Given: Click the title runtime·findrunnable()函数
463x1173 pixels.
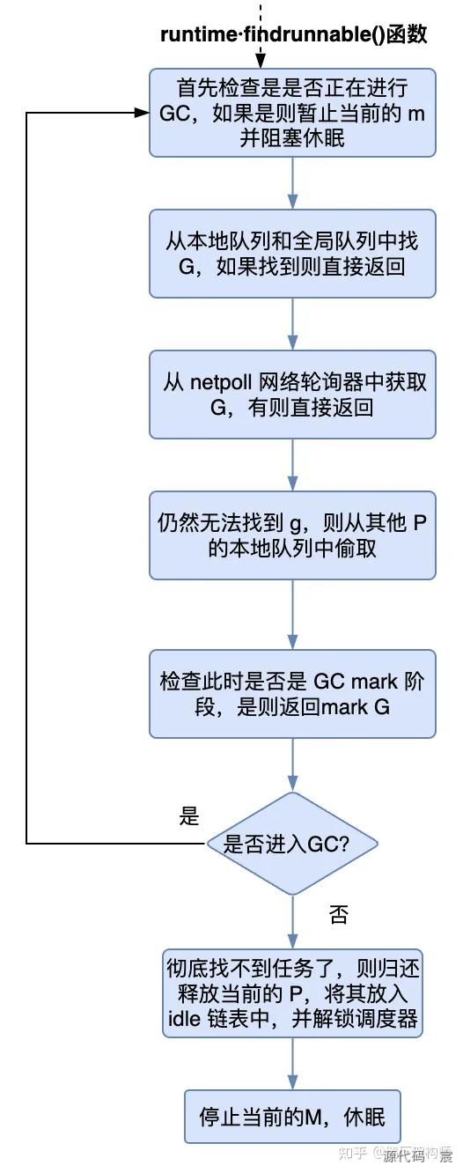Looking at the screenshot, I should pyautogui.click(x=293, y=35).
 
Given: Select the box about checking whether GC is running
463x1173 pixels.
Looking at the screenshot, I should pyautogui.click(x=292, y=114).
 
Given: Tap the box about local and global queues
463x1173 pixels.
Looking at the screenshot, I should pyautogui.click(x=292, y=254).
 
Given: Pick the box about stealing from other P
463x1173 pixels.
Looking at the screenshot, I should pyautogui.click(x=292, y=535).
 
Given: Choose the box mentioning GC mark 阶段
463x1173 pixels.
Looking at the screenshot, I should pyautogui.click(x=292, y=693).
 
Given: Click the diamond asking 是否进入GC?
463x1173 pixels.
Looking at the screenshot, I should pyautogui.click(x=292, y=843).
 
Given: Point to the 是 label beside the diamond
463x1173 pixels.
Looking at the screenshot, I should pyautogui.click(x=189, y=816).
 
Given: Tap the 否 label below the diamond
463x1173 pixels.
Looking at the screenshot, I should pyautogui.click(x=339, y=914).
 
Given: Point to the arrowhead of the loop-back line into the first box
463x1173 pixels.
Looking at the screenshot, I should pyautogui.click(x=142, y=114).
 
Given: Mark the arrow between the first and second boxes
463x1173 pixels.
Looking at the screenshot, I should pyautogui.click(x=292, y=183).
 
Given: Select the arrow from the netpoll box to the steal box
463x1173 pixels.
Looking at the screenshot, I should pyautogui.click(x=292, y=464).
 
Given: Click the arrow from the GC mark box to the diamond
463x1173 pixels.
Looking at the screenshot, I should pyautogui.click(x=292, y=764).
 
